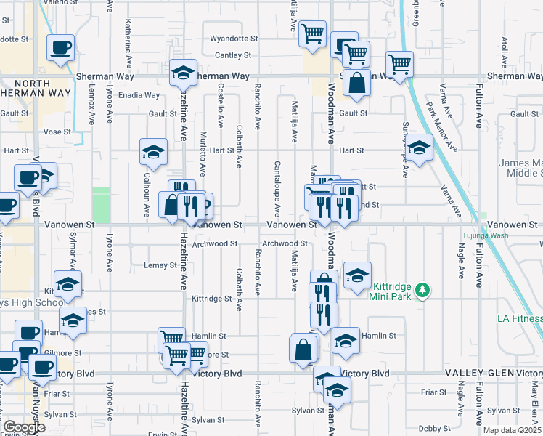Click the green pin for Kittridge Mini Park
pyautogui.click(x=421, y=291)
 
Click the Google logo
pyautogui.click(x=23, y=427)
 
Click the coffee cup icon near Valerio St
pyautogui.click(x=60, y=48)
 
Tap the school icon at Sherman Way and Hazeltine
pyautogui.click(x=184, y=73)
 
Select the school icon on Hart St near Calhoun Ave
pyautogui.click(x=153, y=151)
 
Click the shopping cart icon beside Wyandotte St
pyautogui.click(x=312, y=32)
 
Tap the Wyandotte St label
pyautogui.click(x=234, y=38)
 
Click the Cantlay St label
pyautogui.click(x=232, y=54)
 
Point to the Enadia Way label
pyautogui.click(x=140, y=95)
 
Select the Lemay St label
pyautogui.click(x=160, y=265)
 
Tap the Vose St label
pyautogui.click(x=57, y=132)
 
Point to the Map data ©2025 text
pyautogui.click(x=513, y=430)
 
